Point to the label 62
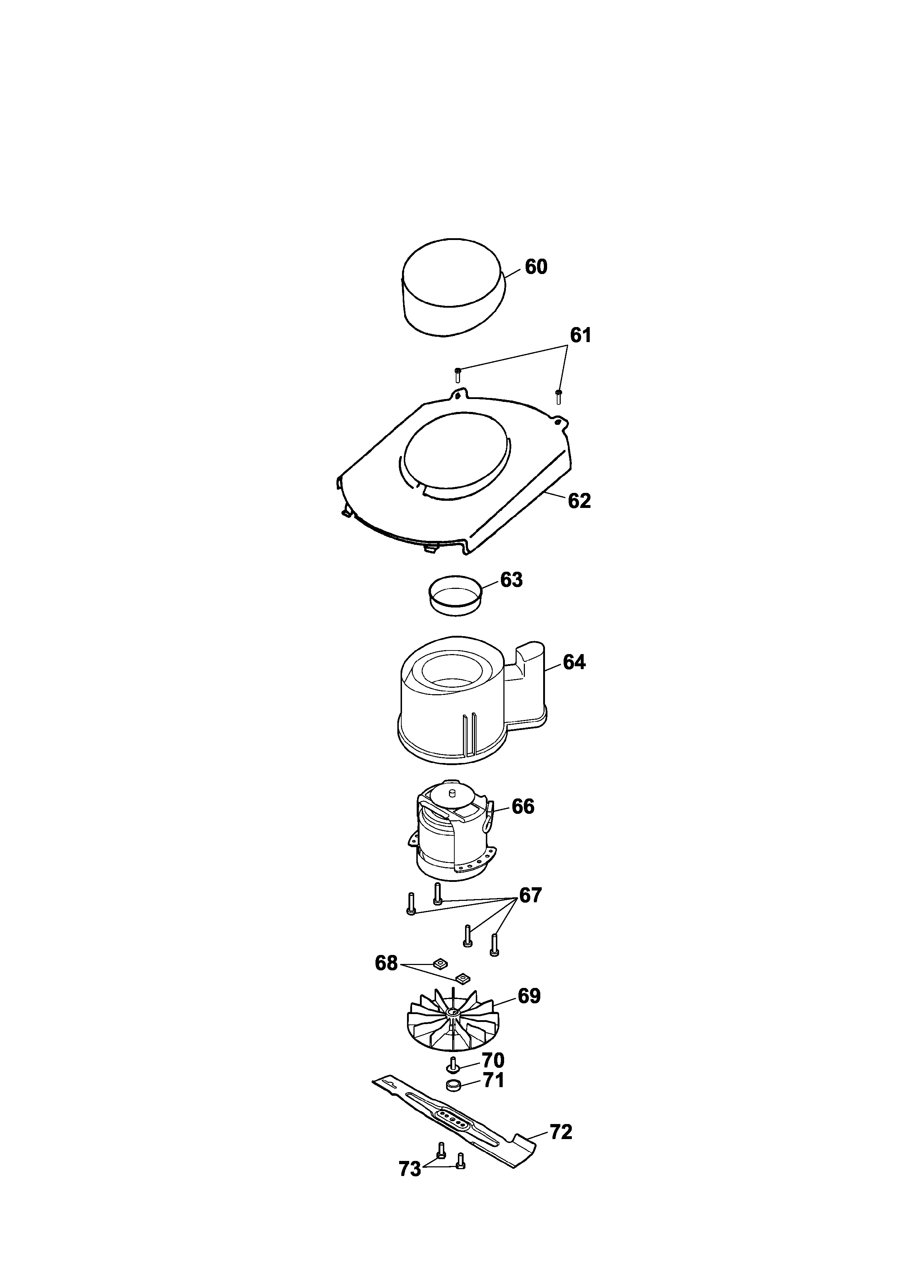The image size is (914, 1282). (579, 501)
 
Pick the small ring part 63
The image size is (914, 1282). (455, 597)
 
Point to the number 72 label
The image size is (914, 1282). (561, 1132)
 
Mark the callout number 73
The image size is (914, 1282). (410, 1170)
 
